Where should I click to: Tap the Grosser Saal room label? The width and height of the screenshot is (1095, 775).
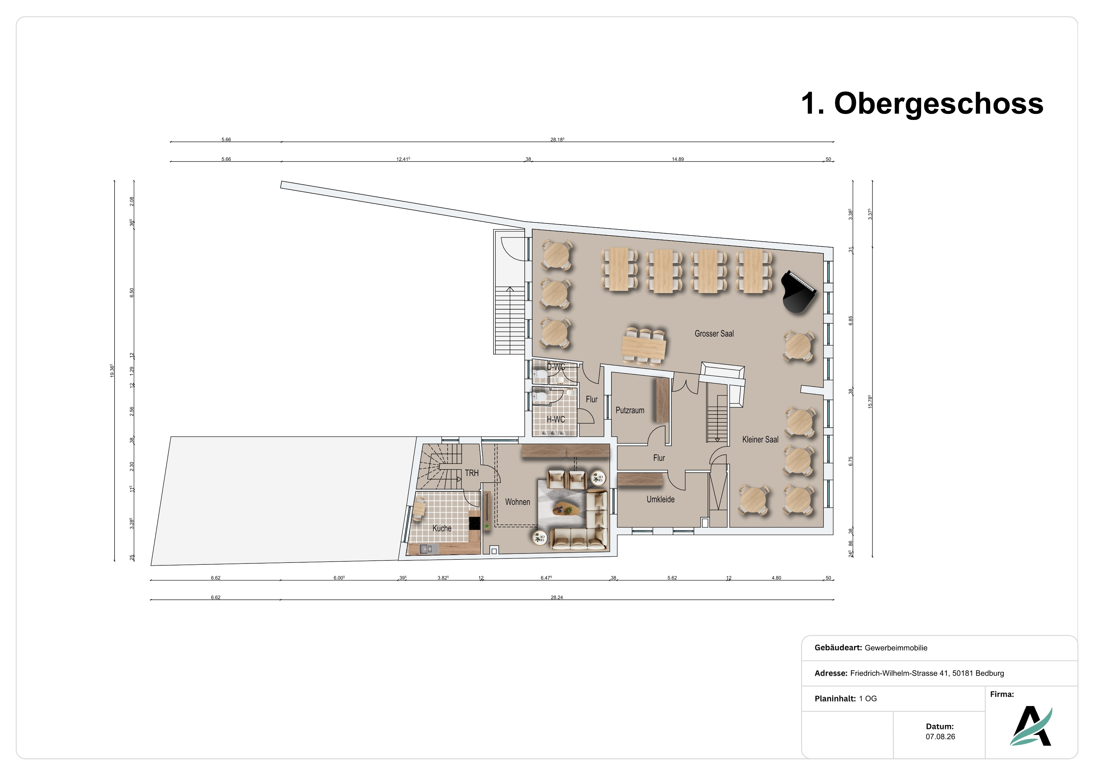tap(714, 334)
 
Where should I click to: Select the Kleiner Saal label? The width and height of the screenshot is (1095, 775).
tap(760, 440)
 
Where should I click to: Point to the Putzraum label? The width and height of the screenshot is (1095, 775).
tap(630, 410)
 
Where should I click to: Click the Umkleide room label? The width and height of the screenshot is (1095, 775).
tap(660, 499)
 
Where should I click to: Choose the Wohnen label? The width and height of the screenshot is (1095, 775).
tap(518, 502)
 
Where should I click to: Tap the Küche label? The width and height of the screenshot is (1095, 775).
tap(442, 528)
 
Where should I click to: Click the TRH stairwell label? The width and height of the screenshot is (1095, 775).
tap(472, 473)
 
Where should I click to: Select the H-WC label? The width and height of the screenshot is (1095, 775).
tap(556, 420)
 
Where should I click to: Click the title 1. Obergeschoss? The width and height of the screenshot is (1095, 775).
tap(922, 104)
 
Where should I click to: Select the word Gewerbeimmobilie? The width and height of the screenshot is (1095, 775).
tap(896, 648)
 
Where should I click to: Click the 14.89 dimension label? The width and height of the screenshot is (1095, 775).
tap(678, 159)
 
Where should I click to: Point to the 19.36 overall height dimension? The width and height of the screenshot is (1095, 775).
tap(112, 371)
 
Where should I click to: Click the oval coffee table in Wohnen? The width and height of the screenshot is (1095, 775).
tap(566, 510)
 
